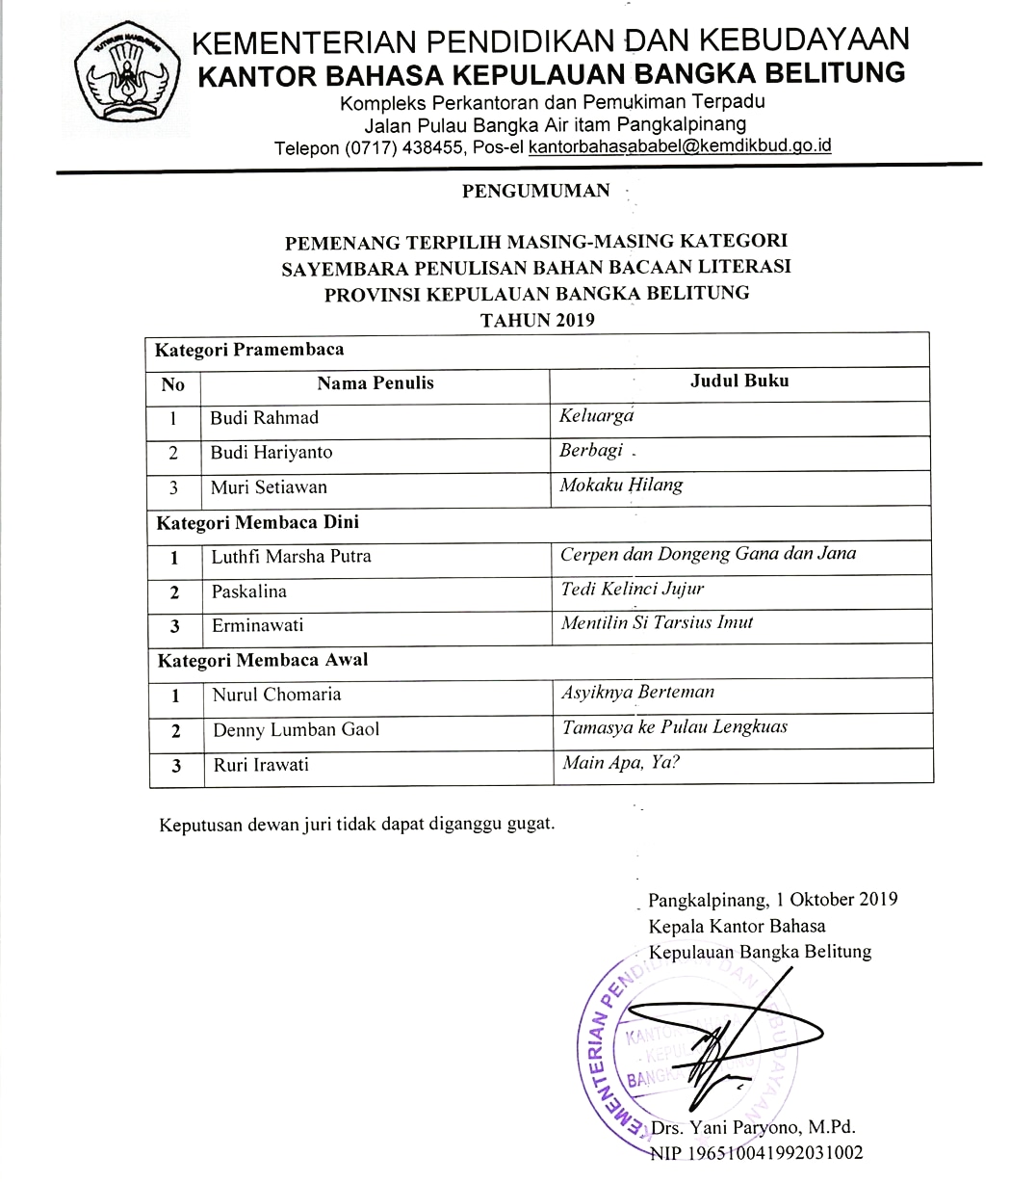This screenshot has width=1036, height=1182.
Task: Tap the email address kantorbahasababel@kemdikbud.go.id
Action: pyautogui.click(x=680, y=146)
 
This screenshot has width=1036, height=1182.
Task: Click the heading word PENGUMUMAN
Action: pyautogui.click(x=535, y=191)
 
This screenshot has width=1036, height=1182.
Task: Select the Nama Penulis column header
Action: pyautogui.click(x=376, y=383)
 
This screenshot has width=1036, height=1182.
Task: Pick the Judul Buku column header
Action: pyautogui.click(x=739, y=381)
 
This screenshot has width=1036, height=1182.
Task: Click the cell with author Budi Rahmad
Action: pyautogui.click(x=264, y=418)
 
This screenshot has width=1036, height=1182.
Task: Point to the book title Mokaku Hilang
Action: pyautogui.click(x=621, y=486)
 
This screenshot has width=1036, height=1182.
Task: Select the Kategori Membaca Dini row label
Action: pyautogui.click(x=257, y=523)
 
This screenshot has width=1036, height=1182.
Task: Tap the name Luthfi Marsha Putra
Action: pyautogui.click(x=291, y=557)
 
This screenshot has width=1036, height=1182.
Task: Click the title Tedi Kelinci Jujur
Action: pyautogui.click(x=633, y=589)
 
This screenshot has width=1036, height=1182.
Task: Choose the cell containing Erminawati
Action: pyautogui.click(x=257, y=625)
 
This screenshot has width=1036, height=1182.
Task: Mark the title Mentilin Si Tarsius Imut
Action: pyautogui.click(x=657, y=622)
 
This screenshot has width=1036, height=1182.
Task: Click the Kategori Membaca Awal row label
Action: pyautogui.click(x=262, y=661)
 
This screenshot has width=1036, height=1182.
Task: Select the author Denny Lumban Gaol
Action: pyautogui.click(x=296, y=730)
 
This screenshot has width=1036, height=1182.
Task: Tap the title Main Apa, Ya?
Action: pyautogui.click(x=621, y=763)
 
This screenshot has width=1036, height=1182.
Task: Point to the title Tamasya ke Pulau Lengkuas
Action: pyautogui.click(x=674, y=727)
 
